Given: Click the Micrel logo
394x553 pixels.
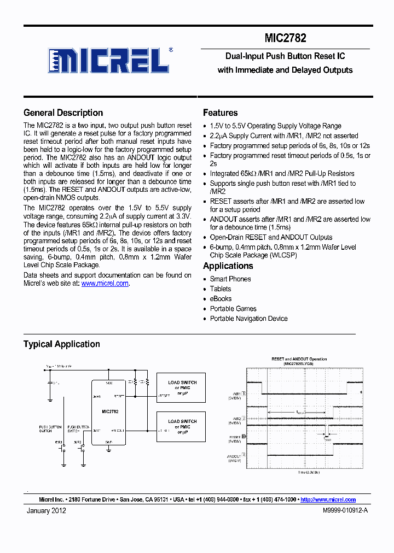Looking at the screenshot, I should tap(107, 60).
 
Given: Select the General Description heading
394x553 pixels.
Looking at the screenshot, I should tap(63, 113).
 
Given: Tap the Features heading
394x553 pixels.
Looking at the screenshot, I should tap(220, 113).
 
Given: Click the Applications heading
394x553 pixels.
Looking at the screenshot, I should tap(228, 266).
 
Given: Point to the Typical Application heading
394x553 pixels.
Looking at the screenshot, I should tap(61, 344).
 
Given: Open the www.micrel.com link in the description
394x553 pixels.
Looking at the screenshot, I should tap(105, 284).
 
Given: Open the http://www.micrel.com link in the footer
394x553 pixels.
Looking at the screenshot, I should tap(328, 499).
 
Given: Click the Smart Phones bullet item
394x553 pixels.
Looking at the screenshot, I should tap(230, 279).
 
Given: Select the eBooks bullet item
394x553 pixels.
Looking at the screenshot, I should tap(221, 299).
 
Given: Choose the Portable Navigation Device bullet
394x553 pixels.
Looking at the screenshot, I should tap(248, 319).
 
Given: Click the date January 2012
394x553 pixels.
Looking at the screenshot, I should tap(47, 510).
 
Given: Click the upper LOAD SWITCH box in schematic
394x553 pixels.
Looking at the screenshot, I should tap(182, 387).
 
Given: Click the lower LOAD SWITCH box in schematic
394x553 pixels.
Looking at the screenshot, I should tap(182, 426).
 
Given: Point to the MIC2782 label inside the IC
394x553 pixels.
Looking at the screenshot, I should tap(110, 410).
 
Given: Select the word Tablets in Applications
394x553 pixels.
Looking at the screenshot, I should tap(221, 289).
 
